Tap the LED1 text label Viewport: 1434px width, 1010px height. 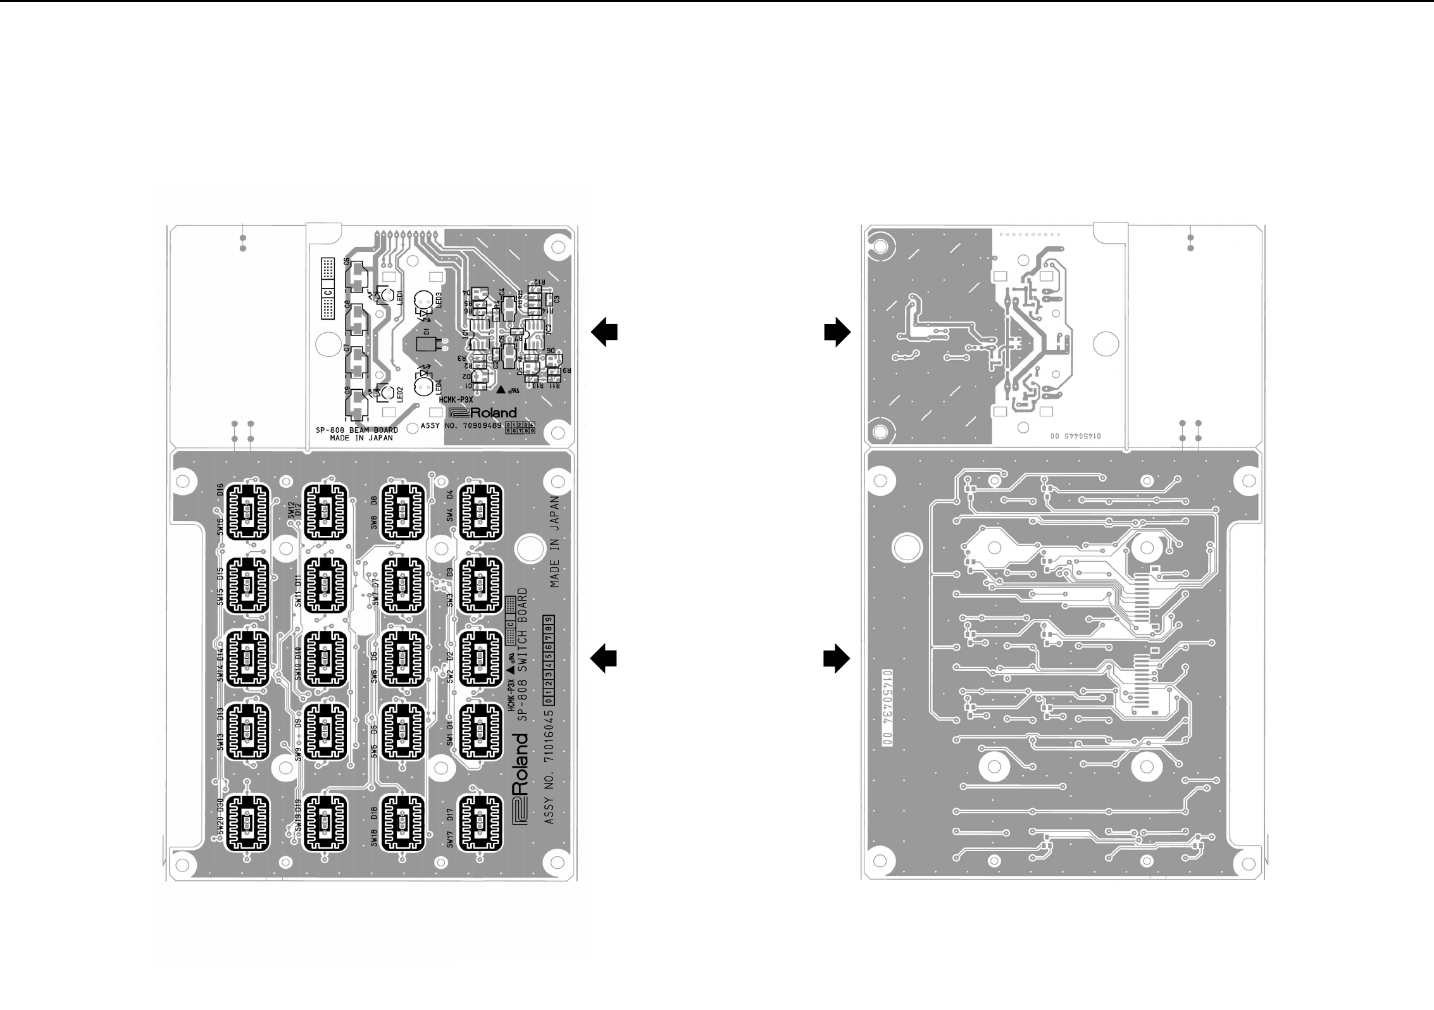tap(400, 297)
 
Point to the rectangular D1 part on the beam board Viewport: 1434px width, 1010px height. tap(426, 344)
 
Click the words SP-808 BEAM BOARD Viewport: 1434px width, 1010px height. tap(361, 430)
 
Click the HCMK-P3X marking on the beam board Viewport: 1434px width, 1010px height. tap(456, 400)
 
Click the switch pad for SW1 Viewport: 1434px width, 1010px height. tap(480, 732)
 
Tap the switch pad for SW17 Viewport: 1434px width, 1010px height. tap(480, 823)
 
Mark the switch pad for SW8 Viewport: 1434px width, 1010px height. tap(402, 511)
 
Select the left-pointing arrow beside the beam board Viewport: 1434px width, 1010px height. tap(604, 332)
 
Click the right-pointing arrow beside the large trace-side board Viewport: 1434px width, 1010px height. tap(837, 659)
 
